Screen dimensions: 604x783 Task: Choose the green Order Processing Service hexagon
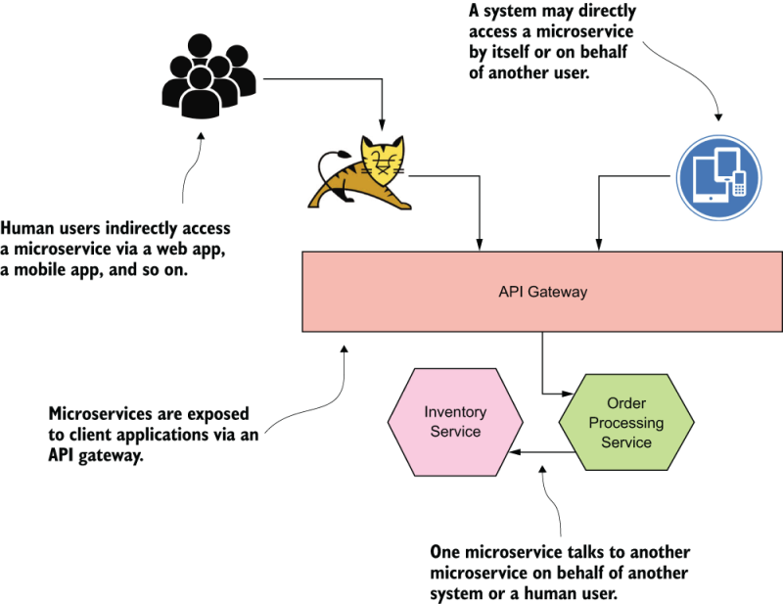click(x=626, y=422)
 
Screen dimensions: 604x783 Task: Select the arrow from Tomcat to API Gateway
click(x=479, y=206)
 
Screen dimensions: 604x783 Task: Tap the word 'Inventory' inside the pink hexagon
click(x=455, y=412)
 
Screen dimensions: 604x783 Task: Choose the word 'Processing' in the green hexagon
click(x=626, y=423)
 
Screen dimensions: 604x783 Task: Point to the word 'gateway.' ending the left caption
click(x=110, y=456)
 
